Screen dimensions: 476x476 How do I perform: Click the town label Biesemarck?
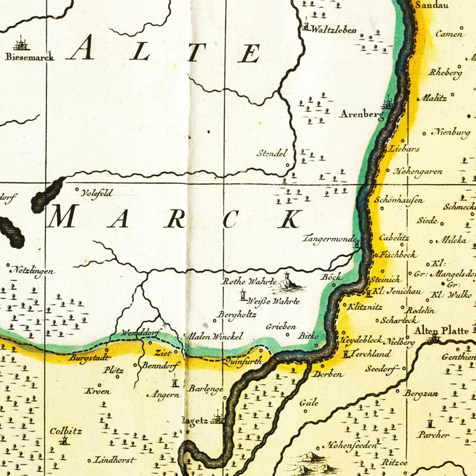coord(29,57)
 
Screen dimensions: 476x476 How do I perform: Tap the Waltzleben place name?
coord(334,30)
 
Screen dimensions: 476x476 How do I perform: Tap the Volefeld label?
coord(96,193)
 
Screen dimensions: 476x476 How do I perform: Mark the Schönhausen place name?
coord(399,200)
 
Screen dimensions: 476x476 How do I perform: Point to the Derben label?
coord(328,374)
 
